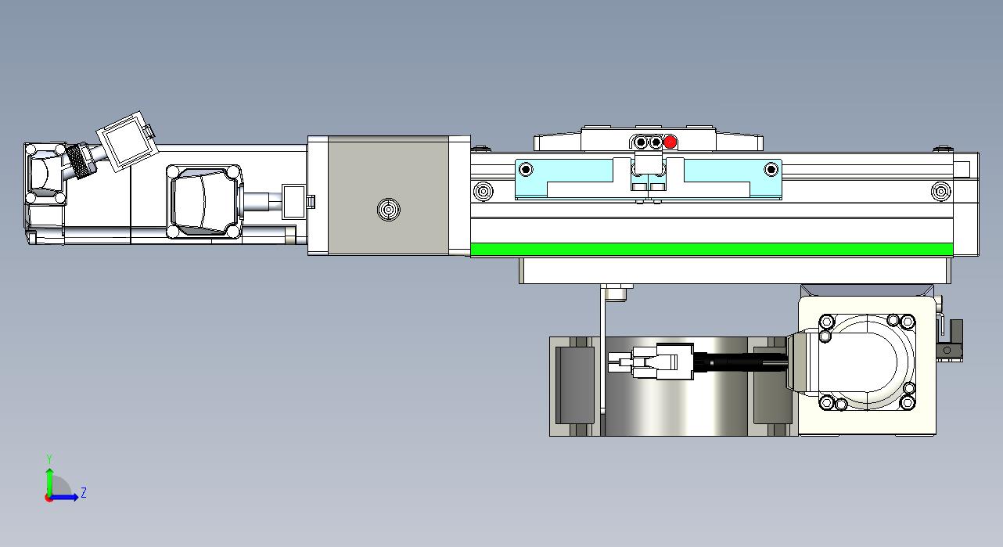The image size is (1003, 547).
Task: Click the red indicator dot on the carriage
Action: pyautogui.click(x=670, y=142)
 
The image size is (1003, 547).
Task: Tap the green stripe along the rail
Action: pyautogui.click(x=711, y=249)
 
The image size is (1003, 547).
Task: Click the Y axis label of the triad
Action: pyautogui.click(x=50, y=459)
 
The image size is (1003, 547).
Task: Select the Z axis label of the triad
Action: pyautogui.click(x=83, y=493)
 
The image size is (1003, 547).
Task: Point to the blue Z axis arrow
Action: pyautogui.click(x=66, y=497)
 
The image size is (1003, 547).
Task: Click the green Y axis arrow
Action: pyautogui.click(x=50, y=482)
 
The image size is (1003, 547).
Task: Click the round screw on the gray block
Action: pyautogui.click(x=388, y=209)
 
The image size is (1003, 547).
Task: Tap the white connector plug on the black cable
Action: pyautogui.click(x=651, y=361)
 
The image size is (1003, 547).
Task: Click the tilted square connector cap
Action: pyautogui.click(x=128, y=141)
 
